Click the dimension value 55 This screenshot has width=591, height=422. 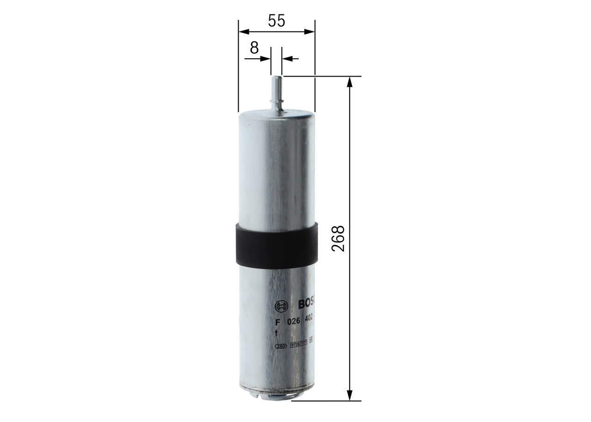(x=276, y=21)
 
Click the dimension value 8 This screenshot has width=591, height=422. (x=253, y=48)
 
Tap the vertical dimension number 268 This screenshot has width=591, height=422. (x=338, y=238)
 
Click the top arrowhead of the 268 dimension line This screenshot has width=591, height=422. (x=350, y=82)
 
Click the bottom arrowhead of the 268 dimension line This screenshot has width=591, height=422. (x=350, y=395)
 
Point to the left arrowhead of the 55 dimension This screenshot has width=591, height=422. (x=243, y=32)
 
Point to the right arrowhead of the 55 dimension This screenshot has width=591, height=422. (x=309, y=32)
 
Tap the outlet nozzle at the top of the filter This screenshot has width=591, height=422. (x=276, y=92)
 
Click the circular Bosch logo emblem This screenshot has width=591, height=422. (x=280, y=306)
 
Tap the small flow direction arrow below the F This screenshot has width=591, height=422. (x=276, y=333)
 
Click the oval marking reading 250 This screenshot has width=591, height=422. (x=280, y=345)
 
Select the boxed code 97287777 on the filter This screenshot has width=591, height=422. (x=298, y=344)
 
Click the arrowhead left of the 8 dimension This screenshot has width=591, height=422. (x=266, y=59)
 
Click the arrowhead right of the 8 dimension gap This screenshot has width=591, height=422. (x=286, y=59)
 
